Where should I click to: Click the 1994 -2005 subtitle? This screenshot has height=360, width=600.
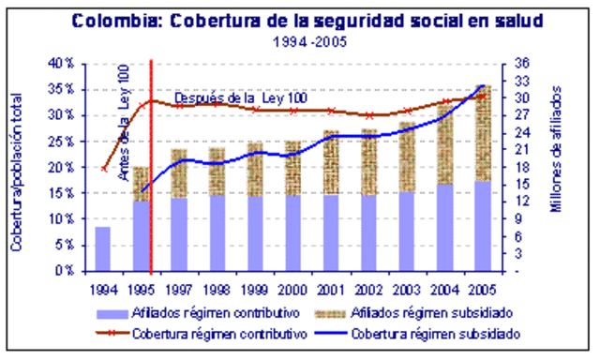coord(303,43)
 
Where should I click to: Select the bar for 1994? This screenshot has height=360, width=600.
coord(103,248)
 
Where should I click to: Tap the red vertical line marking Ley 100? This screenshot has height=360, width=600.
coord(151,187)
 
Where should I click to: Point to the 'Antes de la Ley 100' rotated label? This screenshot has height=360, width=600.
coord(123,122)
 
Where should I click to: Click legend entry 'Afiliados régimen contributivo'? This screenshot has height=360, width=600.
coord(221,313)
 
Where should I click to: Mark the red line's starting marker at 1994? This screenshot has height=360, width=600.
coord(103,168)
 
